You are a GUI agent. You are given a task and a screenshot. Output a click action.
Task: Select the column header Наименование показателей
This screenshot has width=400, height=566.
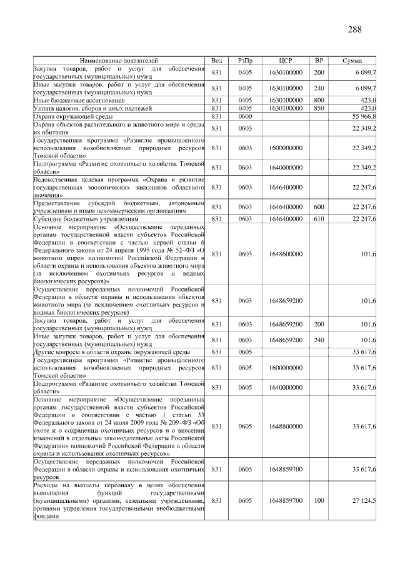[119, 61]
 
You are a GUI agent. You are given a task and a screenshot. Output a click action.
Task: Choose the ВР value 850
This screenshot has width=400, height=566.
[319, 108]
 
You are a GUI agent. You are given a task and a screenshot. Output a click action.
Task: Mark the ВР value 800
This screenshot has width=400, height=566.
[319, 100]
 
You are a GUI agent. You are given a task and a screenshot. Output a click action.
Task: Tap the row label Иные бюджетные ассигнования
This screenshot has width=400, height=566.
[79, 100]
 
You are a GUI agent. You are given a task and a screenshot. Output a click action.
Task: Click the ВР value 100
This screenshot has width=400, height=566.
[319, 501]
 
